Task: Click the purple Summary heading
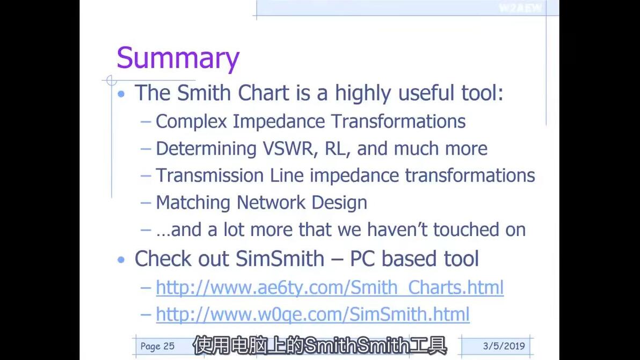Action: pyautogui.click(x=178, y=58)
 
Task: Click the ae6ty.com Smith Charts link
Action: pyautogui.click(x=330, y=288)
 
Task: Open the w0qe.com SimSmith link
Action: pyautogui.click(x=312, y=314)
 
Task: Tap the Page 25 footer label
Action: pyautogui.click(x=157, y=347)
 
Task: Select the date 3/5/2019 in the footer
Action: pyautogui.click(x=504, y=346)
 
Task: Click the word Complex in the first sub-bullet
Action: pyautogui.click(x=191, y=122)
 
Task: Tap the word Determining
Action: pyautogui.click(x=206, y=149)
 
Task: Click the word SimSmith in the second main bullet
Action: pyautogui.click(x=280, y=259)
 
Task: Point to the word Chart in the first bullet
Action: pyautogui.click(x=263, y=93)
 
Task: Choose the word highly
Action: pyautogui.click(x=363, y=93)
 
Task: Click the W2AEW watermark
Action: pyautogui.click(x=521, y=8)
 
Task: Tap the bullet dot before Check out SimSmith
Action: pyautogui.click(x=121, y=259)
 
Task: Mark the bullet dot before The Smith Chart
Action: pyautogui.click(x=121, y=94)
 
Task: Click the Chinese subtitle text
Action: pyautogui.click(x=319, y=346)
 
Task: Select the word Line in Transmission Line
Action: pyautogui.click(x=287, y=176)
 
